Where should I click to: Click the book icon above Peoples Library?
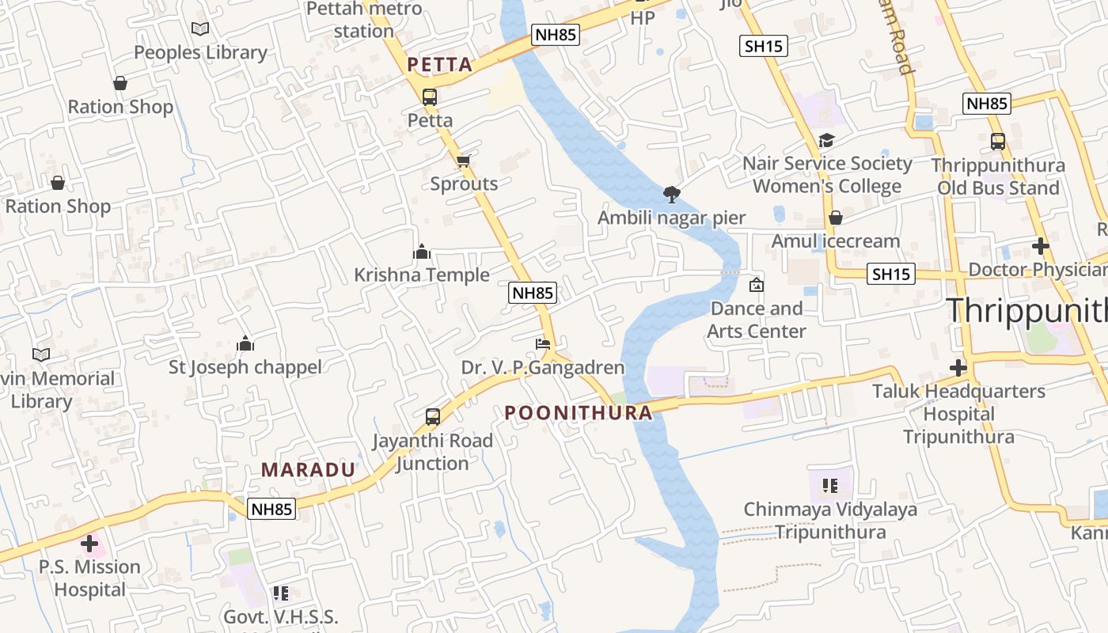pyautogui.click(x=200, y=29)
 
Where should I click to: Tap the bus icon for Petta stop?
pyautogui.click(x=430, y=97)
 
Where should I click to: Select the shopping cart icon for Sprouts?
pyautogui.click(x=464, y=161)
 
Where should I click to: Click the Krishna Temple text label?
pyautogui.click(x=422, y=275)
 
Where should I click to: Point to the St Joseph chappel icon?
pyautogui.click(x=245, y=344)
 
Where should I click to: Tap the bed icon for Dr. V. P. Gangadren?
pyautogui.click(x=543, y=344)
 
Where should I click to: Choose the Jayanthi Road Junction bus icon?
pyautogui.click(x=432, y=417)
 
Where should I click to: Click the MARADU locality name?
pyautogui.click(x=308, y=469)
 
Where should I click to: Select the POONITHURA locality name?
pyautogui.click(x=579, y=412)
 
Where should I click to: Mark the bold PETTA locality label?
pyautogui.click(x=440, y=65)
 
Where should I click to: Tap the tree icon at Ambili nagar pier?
pyautogui.click(x=671, y=194)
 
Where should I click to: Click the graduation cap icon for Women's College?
pyautogui.click(x=826, y=141)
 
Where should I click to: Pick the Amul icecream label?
pyautogui.click(x=836, y=241)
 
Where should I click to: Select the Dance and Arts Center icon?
pyautogui.click(x=757, y=285)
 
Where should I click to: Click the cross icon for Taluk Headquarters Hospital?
pyautogui.click(x=958, y=368)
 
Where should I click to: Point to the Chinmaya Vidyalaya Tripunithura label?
pyautogui.click(x=830, y=520)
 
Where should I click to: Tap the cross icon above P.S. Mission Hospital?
pyautogui.click(x=89, y=544)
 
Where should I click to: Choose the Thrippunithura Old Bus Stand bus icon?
pyautogui.click(x=998, y=142)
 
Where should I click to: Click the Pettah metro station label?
pyautogui.click(x=364, y=20)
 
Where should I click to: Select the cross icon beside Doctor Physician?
pyautogui.click(x=1040, y=247)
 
